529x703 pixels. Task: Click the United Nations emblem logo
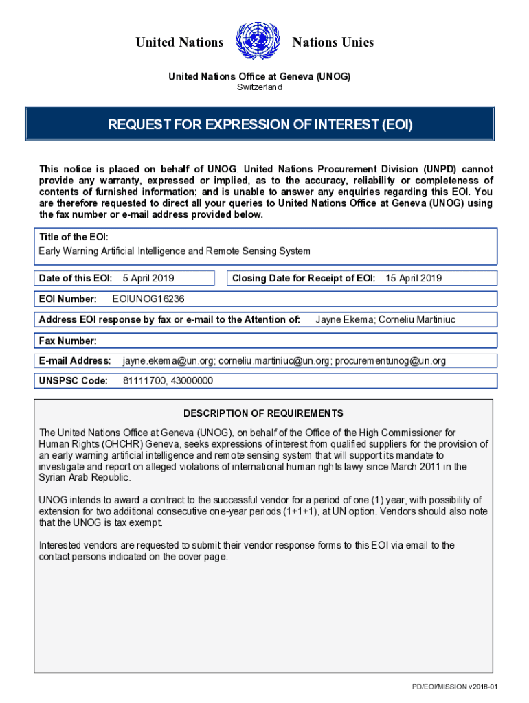[x=258, y=42]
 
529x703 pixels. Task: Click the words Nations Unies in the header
[x=333, y=43]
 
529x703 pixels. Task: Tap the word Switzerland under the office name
[x=259, y=87]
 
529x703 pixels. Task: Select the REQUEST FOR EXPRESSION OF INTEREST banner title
[x=260, y=125]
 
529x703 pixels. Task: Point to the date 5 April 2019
[x=148, y=278]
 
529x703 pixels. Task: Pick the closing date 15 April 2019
[x=414, y=278]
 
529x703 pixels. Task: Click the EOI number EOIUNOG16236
[x=148, y=299]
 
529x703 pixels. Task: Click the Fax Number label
[x=67, y=341]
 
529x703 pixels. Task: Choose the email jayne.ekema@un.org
[x=169, y=361]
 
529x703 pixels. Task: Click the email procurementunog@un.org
[x=390, y=361]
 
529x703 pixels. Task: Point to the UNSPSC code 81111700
[x=144, y=381]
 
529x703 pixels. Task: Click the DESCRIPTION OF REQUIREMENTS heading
[x=263, y=413]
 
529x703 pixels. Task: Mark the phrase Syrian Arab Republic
[x=84, y=477]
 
